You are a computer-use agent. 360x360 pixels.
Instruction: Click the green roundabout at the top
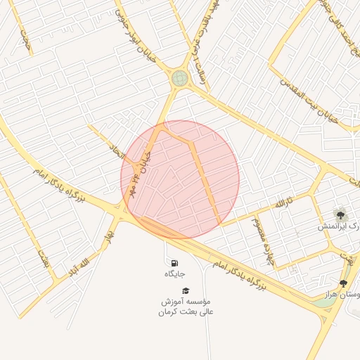pos(180,78)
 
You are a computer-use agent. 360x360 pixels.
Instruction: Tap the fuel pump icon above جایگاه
pos(174,263)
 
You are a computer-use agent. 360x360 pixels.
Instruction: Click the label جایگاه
pos(174,274)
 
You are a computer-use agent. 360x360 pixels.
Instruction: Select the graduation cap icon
pos(186,290)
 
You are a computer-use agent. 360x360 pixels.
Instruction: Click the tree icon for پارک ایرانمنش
pos(341,214)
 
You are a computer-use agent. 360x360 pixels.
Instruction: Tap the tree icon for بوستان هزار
pos(343,283)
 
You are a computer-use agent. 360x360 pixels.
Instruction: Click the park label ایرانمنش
pos(335,226)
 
